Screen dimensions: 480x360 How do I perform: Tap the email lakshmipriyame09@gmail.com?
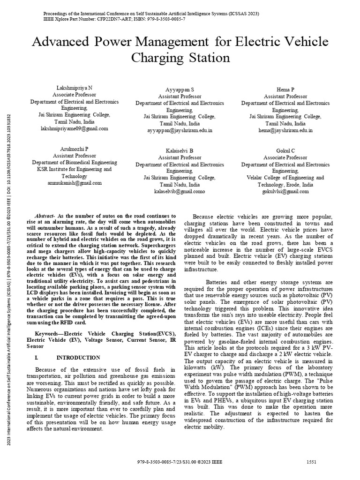[x=74, y=128]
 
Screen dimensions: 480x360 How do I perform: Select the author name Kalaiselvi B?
[x=180, y=150]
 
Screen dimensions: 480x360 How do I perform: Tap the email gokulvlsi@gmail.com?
[x=285, y=191]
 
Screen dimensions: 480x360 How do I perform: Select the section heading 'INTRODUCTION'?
[x=78, y=357]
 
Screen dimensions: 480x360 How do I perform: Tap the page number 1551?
[x=311, y=462]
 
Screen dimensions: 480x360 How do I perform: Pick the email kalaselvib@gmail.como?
[x=180, y=191]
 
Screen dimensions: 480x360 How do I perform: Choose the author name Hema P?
[x=285, y=89]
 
